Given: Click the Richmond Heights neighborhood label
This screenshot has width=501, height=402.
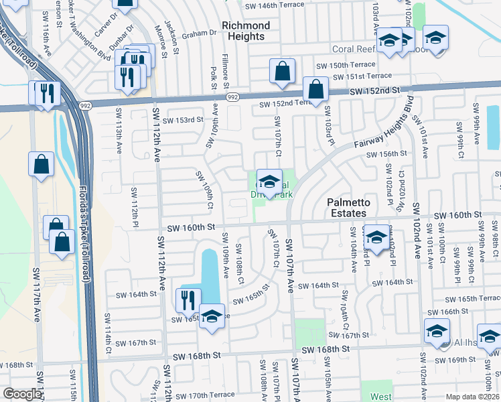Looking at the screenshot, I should [x=245, y=31].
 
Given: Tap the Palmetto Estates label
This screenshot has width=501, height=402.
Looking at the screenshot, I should [x=346, y=208].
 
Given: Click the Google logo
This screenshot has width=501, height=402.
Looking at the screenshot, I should [x=22, y=394].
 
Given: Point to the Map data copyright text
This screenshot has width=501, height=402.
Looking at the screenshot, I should [x=472, y=397].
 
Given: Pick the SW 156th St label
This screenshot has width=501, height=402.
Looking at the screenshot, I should [x=386, y=154].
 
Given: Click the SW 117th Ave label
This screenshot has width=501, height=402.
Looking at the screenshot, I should [x=36, y=299].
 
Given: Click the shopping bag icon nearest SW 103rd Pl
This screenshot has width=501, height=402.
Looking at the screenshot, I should [x=315, y=89].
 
